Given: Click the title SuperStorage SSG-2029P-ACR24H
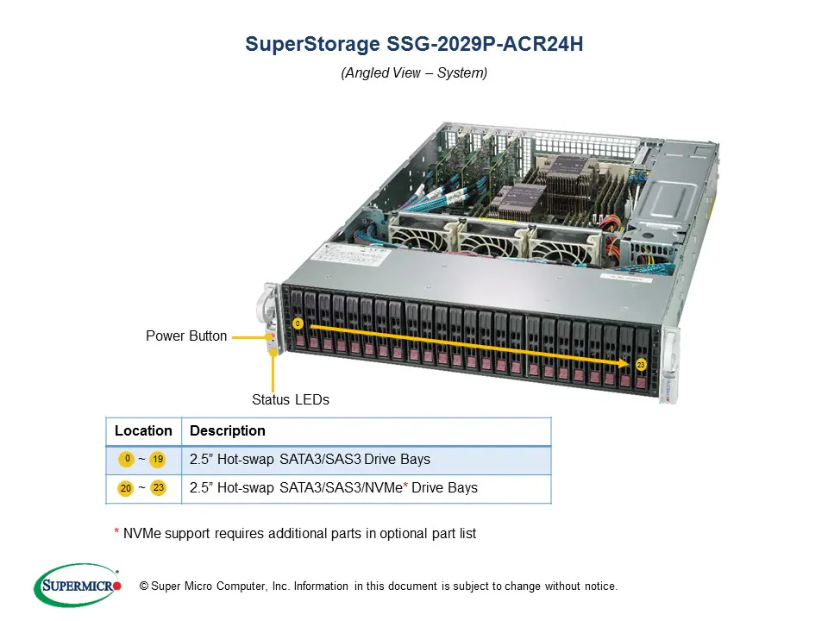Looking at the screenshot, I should pos(414,45).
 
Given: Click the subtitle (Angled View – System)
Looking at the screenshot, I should pos(414,73).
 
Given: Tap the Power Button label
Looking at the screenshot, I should pos(186,336).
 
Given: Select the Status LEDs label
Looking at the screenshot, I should pos(290,400).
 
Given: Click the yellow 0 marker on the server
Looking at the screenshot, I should pos(298,323).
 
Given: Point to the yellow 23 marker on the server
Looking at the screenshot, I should pos(641,365).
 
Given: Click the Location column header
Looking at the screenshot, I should pos(143,431).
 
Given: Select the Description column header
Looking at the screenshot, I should pos(227,431).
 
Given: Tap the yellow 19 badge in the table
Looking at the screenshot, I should pos(158,460).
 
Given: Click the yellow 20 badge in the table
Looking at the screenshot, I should pos(126,489).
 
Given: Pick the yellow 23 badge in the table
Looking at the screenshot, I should pos(158,488).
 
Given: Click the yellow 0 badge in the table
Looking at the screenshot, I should pos(127,459).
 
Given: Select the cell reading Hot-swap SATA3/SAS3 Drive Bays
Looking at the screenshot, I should pos(310,460).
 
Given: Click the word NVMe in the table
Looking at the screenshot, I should pos(385,488).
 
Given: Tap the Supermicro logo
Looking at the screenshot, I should pos(77,586).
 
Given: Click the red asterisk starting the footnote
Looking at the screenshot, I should pos(116,532).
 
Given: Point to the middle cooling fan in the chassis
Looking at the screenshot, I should pos(489,238).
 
